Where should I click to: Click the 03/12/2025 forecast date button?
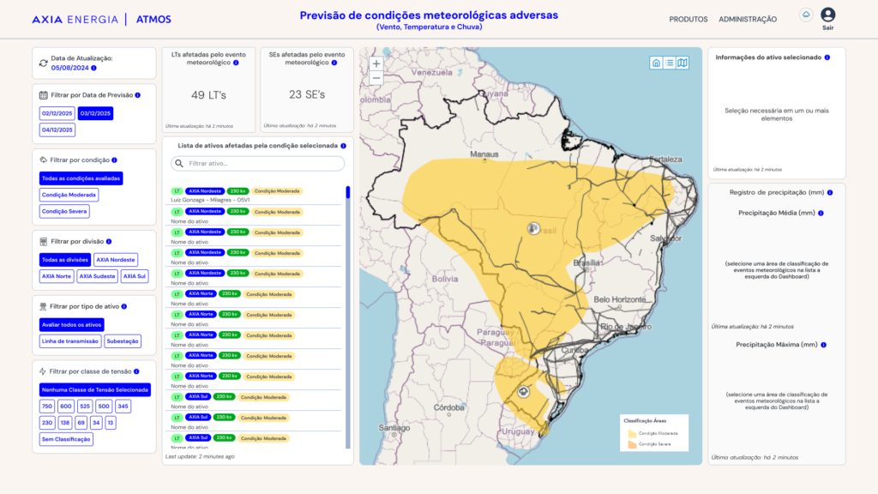coord(95,113)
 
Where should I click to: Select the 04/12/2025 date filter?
coord(57,130)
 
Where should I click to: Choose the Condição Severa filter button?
coord(65,211)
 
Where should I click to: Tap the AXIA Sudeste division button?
coord(96,276)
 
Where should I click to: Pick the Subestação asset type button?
coord(123,341)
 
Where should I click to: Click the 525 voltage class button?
coord(85,407)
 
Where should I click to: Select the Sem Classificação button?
coord(66,439)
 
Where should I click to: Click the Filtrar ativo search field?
coord(259,163)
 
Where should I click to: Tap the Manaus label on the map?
coord(484,154)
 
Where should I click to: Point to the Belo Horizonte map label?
coord(619,299)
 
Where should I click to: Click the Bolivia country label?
coord(445,280)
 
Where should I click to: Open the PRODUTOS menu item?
coord(689,19)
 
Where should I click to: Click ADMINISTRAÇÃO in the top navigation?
coord(748,19)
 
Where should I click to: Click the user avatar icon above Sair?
coord(827,15)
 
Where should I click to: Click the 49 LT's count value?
coord(208,95)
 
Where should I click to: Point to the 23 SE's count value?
coord(307,95)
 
